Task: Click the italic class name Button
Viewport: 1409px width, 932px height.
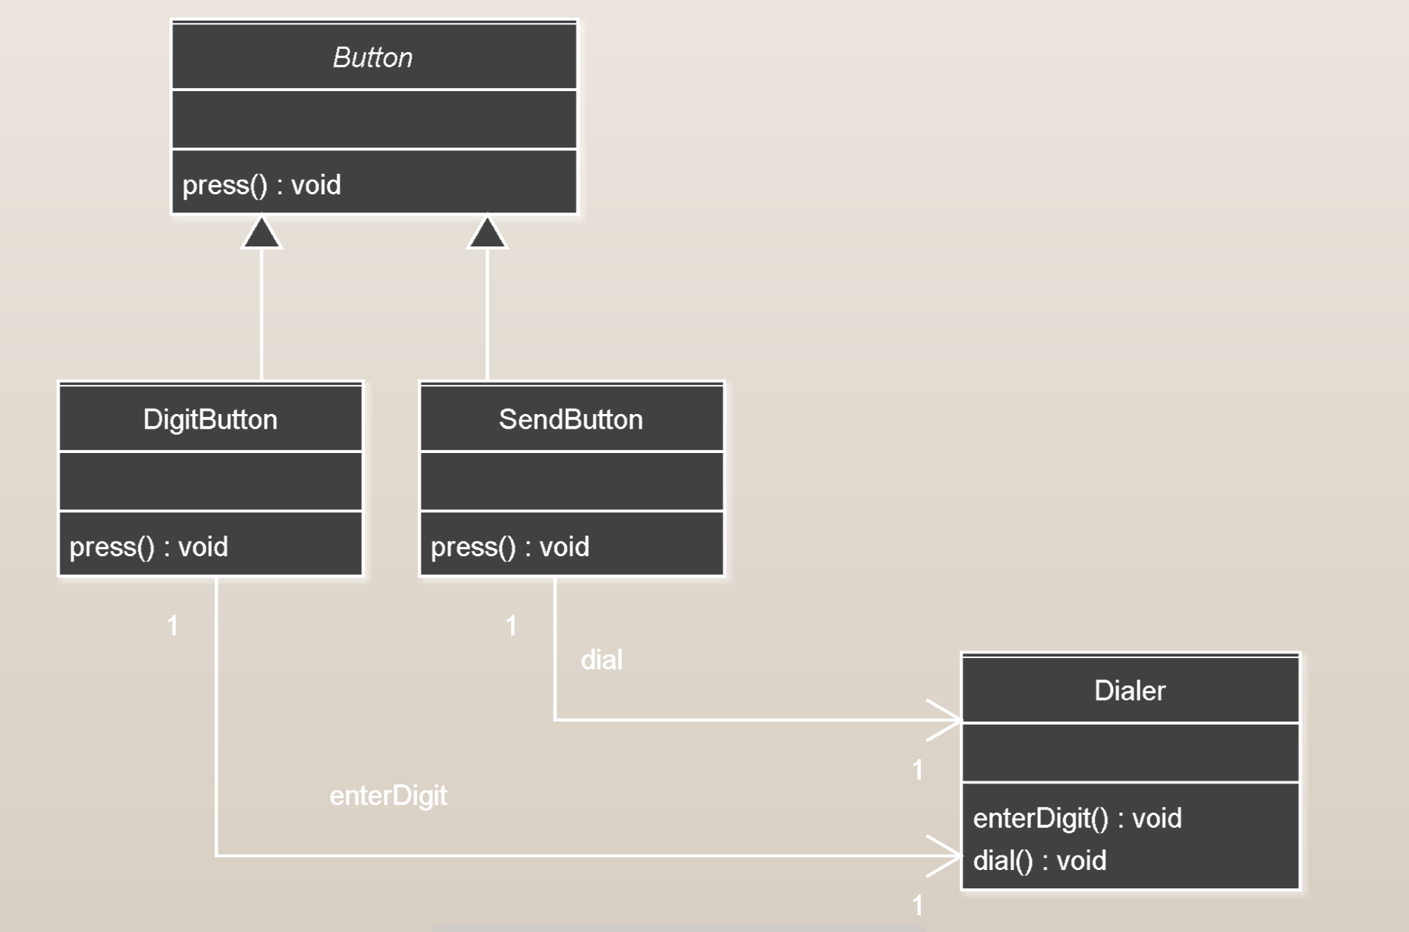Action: pos(373,57)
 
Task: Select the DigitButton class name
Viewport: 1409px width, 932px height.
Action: pos(210,419)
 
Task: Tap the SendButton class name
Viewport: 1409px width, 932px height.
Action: pos(571,419)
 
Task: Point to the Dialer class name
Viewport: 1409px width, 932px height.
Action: pos(1130,691)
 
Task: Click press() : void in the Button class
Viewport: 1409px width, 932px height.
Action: pos(262,185)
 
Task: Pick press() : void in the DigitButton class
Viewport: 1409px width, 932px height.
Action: pos(148,547)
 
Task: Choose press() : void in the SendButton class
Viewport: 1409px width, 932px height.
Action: pos(510,547)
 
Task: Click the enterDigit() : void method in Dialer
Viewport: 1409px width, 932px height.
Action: pos(1077,819)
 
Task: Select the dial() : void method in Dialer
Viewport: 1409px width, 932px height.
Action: pos(1040,861)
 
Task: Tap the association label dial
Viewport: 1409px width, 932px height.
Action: pos(602,660)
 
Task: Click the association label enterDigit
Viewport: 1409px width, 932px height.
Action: pos(389,796)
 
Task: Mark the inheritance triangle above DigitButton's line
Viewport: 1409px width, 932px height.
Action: pos(262,233)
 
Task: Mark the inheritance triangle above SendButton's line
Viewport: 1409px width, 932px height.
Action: pos(487,233)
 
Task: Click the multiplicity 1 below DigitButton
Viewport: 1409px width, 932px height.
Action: pos(173,626)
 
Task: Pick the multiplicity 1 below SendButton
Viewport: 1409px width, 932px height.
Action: pos(511,626)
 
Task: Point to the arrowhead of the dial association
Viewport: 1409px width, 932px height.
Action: pos(949,720)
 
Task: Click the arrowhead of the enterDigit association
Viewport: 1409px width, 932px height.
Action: pos(949,855)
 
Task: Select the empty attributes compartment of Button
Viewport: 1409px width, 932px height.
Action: pos(374,119)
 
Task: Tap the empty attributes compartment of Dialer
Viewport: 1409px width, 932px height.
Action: pos(1130,752)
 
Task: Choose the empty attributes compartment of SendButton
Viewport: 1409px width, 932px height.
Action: pos(571,481)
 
